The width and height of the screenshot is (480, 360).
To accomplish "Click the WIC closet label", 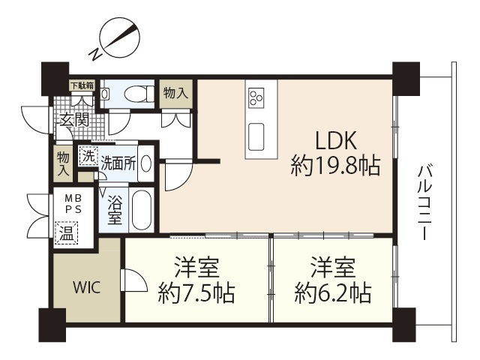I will tap(85, 286).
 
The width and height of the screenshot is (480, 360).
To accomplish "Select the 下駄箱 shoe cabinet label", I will tap(82, 85).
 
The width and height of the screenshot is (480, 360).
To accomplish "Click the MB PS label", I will tap(70, 202).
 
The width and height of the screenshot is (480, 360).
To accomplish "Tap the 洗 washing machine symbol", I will tap(88, 157).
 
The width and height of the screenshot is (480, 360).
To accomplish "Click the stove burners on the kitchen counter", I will tap(256, 97).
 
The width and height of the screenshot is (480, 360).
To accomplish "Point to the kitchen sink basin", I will tap(256, 136).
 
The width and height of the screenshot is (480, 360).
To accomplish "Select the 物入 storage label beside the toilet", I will tap(175, 94).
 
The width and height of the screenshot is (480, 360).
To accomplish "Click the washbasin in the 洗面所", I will tap(145, 163).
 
